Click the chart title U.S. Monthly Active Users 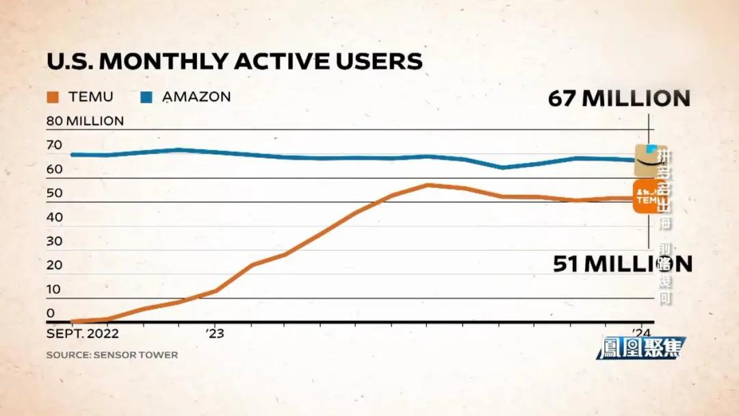[234, 62]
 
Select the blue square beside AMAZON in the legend [146, 97]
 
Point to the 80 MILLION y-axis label [85, 121]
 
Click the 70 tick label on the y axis [54, 145]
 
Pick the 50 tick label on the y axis [54, 193]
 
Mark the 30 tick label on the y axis [54, 241]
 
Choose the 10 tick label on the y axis [54, 289]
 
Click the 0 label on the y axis [51, 313]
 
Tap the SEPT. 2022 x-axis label [82, 334]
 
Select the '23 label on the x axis [215, 334]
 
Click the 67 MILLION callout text [619, 98]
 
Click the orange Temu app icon [647, 197]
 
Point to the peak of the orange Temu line [428, 185]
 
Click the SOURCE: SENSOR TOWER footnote [112, 355]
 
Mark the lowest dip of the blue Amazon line [503, 167]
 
